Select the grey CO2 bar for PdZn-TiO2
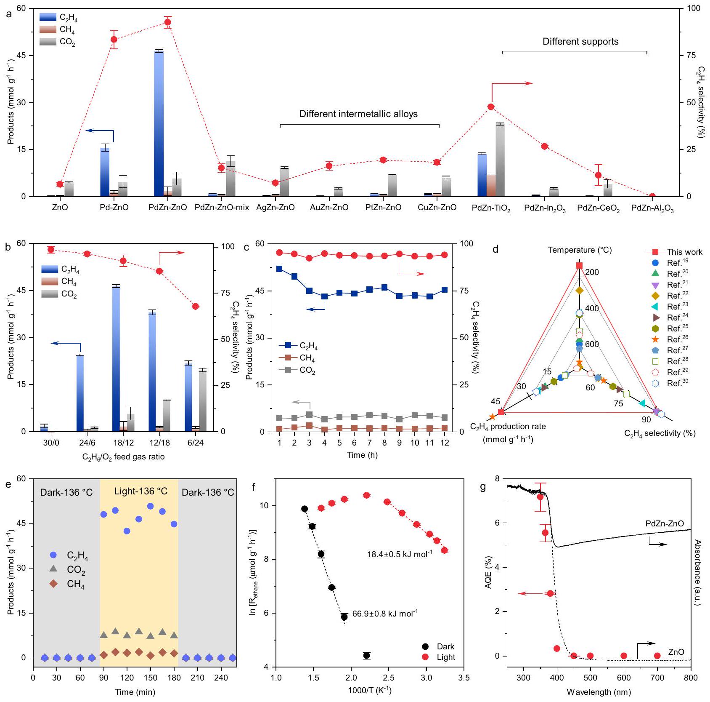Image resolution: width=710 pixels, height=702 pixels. click(x=500, y=160)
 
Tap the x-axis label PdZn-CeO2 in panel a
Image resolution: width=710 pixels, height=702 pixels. click(x=598, y=208)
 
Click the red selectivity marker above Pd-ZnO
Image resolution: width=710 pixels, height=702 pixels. click(x=114, y=40)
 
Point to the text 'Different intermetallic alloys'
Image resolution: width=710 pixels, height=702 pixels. click(x=358, y=114)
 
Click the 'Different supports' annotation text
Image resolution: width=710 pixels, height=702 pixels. click(x=580, y=42)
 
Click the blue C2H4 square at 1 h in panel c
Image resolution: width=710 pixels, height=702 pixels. click(x=279, y=269)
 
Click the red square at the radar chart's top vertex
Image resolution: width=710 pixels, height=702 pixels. click(x=579, y=265)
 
